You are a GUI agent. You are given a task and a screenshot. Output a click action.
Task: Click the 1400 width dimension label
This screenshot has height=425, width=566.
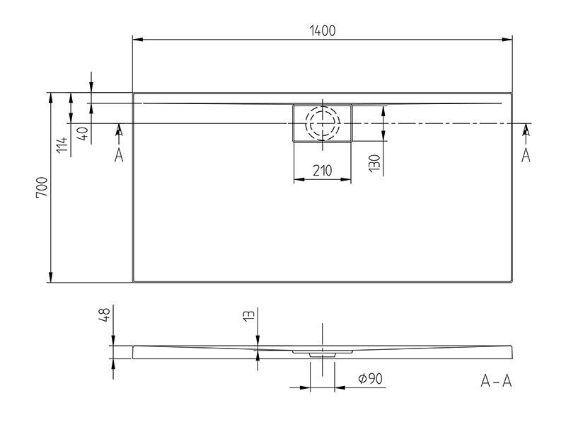(x=323, y=30)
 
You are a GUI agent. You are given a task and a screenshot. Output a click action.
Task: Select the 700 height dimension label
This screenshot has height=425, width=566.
(x=42, y=187)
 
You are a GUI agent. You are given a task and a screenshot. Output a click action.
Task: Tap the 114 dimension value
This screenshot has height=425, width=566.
(x=62, y=144)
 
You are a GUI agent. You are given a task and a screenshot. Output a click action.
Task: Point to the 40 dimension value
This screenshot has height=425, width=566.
(x=83, y=134)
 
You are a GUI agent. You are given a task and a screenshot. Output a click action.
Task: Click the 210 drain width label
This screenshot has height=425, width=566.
(x=323, y=170)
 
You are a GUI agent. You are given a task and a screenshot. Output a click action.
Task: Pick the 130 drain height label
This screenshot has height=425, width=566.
(x=375, y=163)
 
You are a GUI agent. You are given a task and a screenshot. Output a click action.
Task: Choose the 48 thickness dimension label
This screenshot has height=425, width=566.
(x=104, y=315)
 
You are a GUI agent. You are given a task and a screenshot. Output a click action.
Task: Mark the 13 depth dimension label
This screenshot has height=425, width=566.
(x=249, y=315)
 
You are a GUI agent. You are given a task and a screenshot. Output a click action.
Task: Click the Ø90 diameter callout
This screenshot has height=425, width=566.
(x=370, y=378)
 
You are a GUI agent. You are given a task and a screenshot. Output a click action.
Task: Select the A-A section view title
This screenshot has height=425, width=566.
(x=497, y=381)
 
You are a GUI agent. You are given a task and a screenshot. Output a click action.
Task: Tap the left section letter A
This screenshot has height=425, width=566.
(x=119, y=155)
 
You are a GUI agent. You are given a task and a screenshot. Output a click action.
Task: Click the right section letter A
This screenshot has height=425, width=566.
(x=526, y=155)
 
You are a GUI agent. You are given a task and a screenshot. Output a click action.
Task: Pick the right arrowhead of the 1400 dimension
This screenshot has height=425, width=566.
(x=507, y=40)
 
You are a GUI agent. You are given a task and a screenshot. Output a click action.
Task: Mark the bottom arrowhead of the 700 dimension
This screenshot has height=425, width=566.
(x=51, y=277)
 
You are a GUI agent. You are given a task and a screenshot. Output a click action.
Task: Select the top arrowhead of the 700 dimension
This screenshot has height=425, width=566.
(x=51, y=98)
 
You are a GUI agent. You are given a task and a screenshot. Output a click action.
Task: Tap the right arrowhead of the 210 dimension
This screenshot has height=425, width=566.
(x=346, y=179)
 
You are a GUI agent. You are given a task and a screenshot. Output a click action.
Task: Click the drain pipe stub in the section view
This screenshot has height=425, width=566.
(x=323, y=356)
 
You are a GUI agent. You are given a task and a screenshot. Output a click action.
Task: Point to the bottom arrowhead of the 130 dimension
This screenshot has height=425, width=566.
(x=383, y=135)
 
